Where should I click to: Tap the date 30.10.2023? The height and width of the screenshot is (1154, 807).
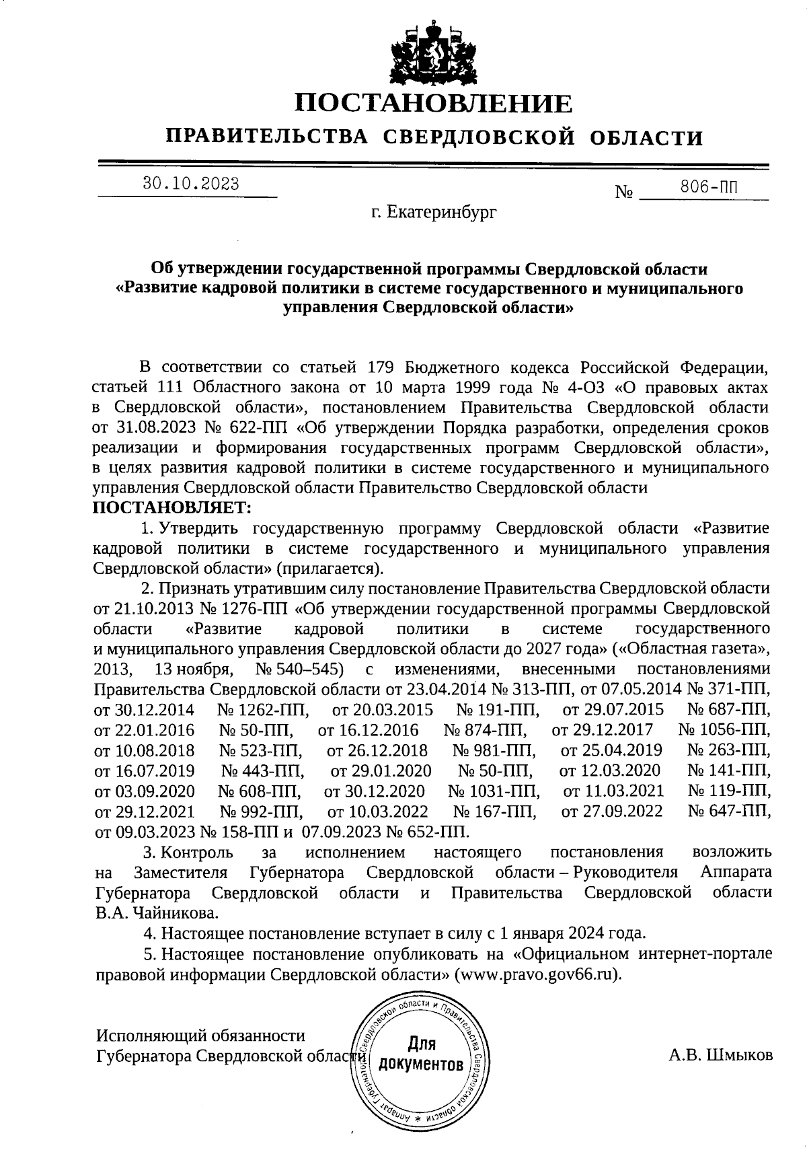[x=190, y=184]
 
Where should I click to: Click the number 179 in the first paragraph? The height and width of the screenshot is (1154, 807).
[x=381, y=367]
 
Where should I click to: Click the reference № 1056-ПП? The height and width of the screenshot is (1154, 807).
[x=724, y=730]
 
